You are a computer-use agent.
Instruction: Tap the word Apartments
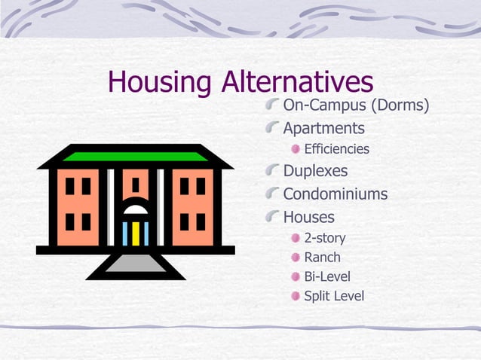323,128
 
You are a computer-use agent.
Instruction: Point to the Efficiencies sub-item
336,149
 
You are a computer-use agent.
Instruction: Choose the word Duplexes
315,171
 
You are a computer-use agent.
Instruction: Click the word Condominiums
335,194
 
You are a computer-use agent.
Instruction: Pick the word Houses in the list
308,218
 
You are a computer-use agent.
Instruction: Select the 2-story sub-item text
324,238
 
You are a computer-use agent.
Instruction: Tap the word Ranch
322,258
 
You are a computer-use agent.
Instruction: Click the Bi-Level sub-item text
326,276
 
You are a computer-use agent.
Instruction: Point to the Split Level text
333,296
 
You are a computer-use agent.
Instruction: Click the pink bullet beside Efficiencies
296,149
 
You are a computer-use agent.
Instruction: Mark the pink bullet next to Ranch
296,258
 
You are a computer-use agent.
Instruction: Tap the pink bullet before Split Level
296,296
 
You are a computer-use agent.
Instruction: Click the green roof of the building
135,156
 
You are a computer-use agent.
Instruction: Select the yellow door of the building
136,233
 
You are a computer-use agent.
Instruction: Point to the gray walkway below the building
135,263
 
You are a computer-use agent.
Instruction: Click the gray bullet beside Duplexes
272,170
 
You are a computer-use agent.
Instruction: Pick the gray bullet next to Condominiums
272,194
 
